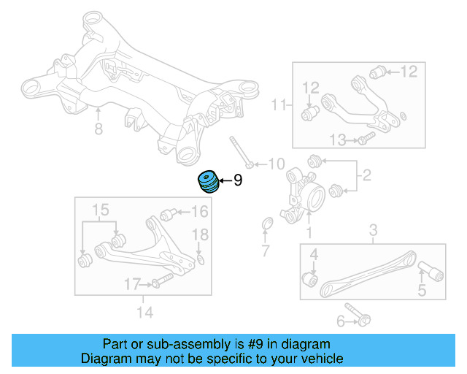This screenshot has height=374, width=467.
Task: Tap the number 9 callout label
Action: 237,180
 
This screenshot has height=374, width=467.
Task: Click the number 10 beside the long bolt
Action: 277,163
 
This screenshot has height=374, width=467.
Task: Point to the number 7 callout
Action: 266,252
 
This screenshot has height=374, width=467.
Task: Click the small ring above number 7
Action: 267,223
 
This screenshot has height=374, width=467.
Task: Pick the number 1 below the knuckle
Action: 308,233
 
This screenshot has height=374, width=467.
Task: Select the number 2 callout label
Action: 367,175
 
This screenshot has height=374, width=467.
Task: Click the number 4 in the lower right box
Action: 314,254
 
